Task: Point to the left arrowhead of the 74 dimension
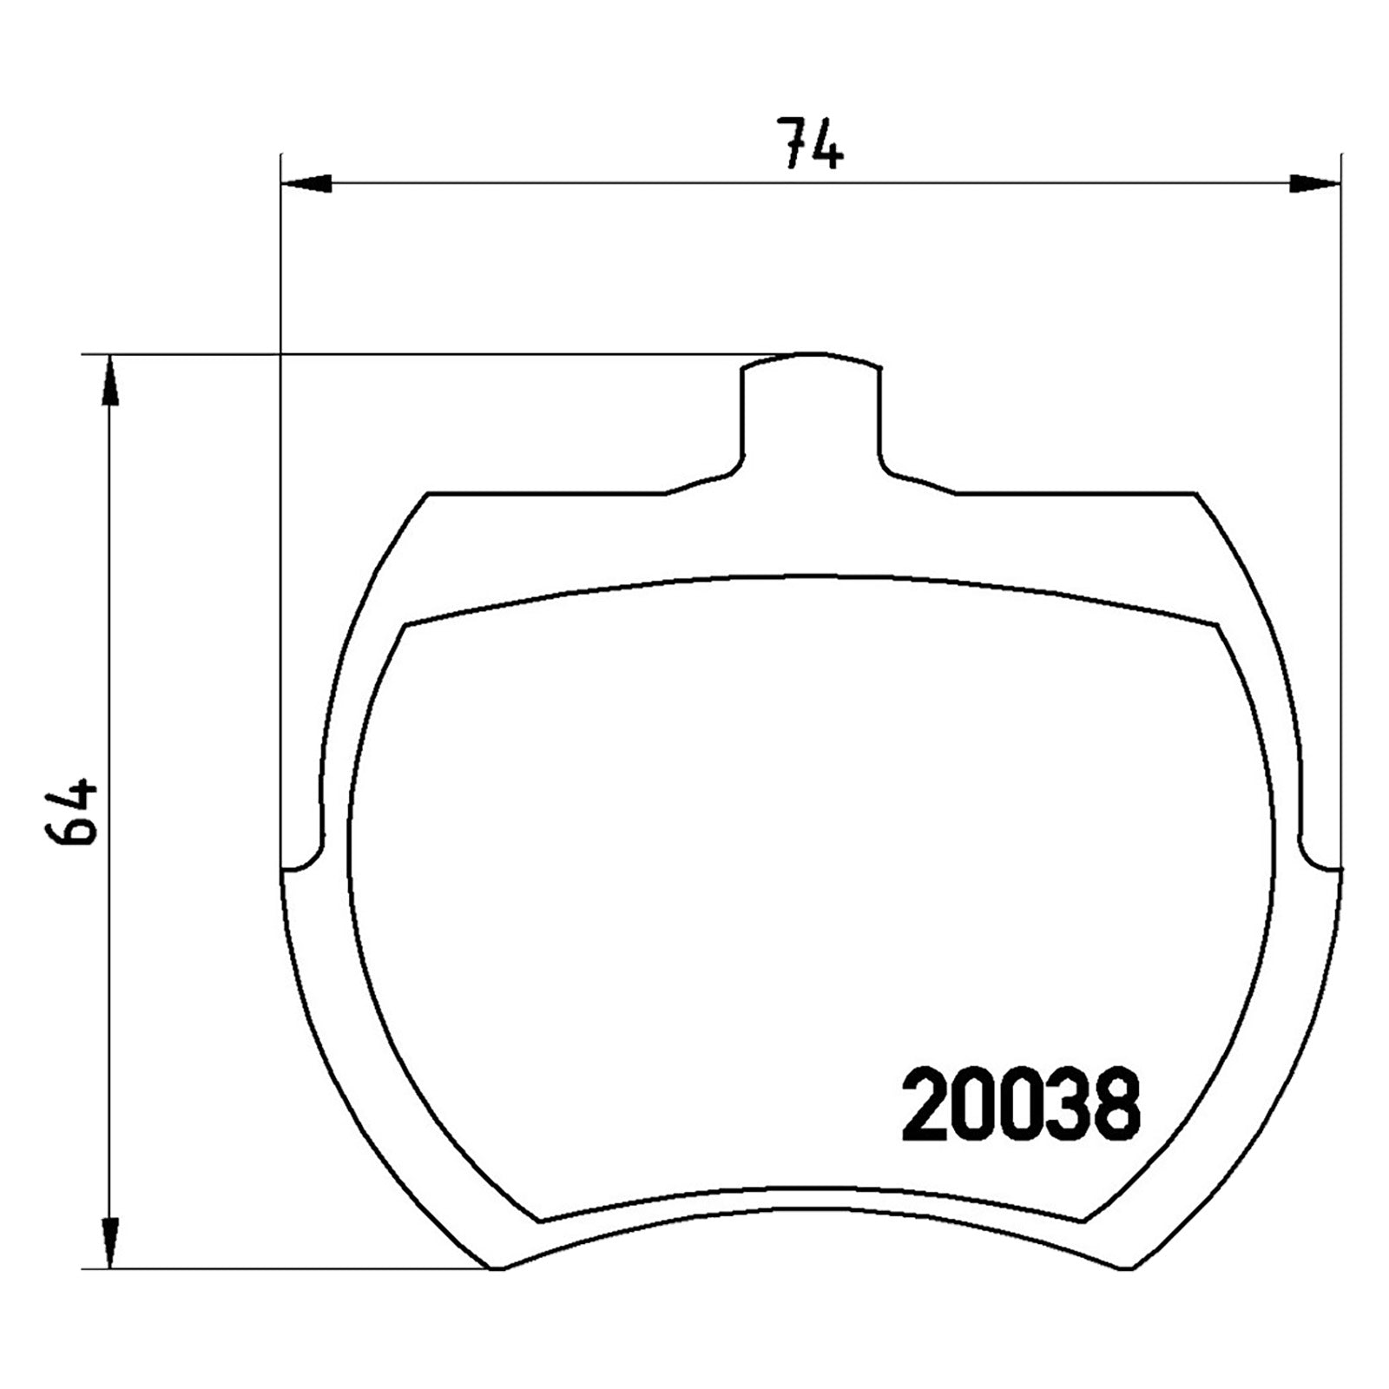(306, 183)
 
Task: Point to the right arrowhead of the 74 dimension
(1314, 183)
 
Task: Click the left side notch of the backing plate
(303, 855)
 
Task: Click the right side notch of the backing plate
(1320, 855)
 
